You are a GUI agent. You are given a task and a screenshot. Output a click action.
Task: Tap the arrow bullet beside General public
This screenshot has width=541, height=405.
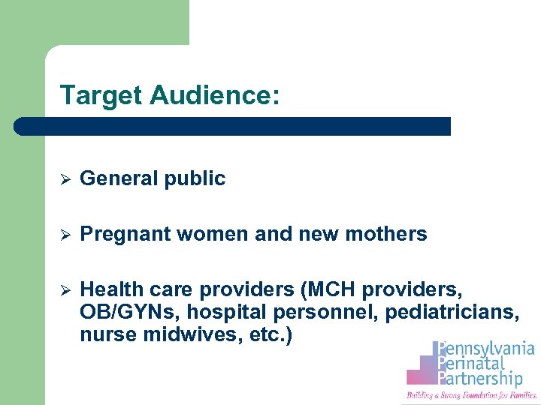tap(65, 179)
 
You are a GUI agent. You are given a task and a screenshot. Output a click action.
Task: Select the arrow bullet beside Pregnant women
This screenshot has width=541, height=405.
tap(65, 235)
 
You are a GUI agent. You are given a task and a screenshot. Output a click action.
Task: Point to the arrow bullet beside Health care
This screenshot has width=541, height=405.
tap(65, 290)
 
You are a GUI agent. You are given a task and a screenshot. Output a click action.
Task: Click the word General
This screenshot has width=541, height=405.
tap(113, 178)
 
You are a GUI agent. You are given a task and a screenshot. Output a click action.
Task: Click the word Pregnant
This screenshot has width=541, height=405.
tap(125, 235)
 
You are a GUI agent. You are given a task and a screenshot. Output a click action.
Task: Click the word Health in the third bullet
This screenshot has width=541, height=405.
tap(107, 289)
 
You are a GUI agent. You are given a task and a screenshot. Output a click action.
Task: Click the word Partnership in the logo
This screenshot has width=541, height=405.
tap(485, 379)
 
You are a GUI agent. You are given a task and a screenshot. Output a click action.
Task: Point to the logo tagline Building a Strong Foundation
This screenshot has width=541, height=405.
tap(472, 394)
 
